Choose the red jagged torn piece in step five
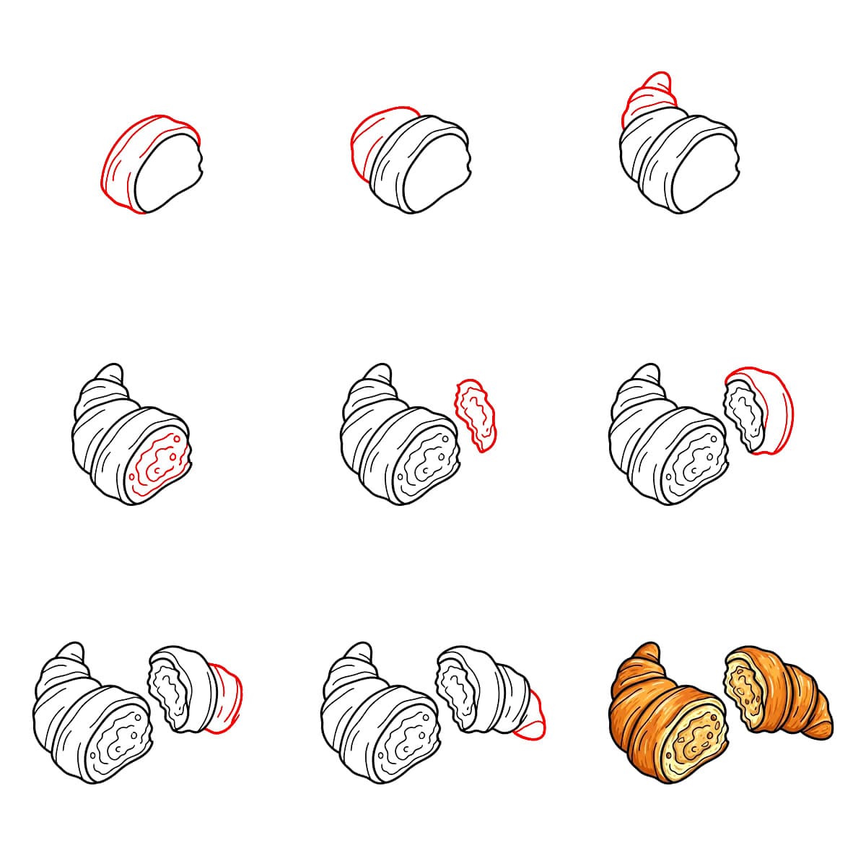click(476, 414)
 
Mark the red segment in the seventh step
click(225, 693)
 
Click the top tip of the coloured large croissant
click(649, 650)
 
